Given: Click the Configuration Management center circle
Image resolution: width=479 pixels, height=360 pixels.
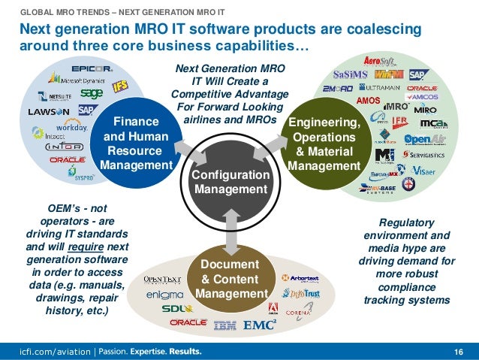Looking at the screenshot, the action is point(231,183).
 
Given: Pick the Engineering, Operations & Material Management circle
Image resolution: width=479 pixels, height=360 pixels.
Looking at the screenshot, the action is point(323,144).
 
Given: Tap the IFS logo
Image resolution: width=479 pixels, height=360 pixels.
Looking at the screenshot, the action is point(139,86).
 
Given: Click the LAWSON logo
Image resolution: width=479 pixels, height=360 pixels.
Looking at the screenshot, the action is point(49,111).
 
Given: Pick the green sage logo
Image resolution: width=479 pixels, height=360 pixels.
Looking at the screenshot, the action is point(91,93).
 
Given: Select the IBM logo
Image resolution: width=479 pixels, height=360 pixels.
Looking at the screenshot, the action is point(225,325).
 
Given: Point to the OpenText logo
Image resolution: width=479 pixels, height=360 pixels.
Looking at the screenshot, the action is point(163,280).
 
